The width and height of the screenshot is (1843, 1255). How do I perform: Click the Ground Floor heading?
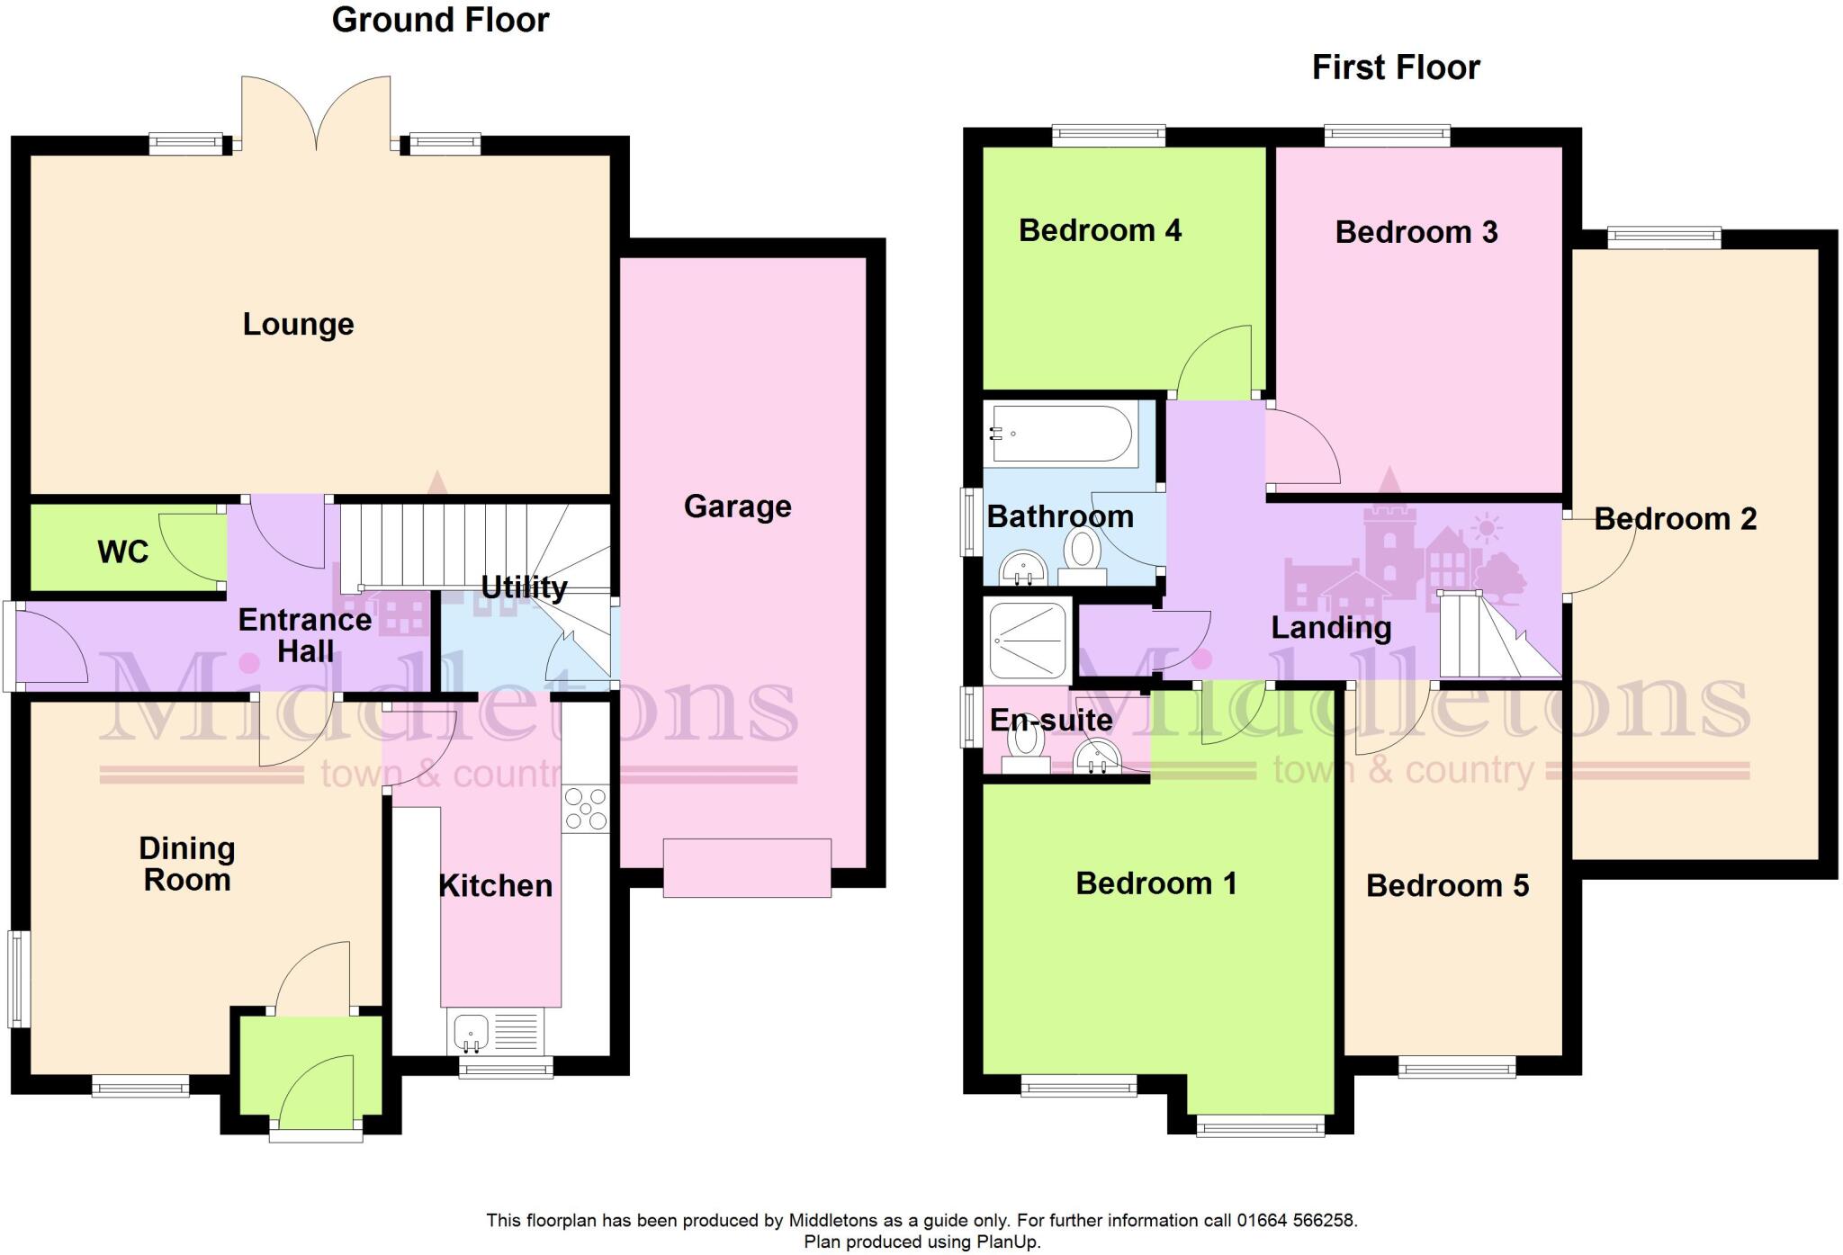[x=440, y=21]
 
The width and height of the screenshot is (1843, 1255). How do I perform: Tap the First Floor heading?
[x=1396, y=67]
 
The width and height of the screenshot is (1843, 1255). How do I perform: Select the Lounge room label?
[x=298, y=325]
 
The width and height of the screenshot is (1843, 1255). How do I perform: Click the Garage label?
[x=737, y=506]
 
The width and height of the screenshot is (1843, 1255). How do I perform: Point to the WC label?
[x=122, y=551]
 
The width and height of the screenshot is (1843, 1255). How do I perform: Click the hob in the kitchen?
[x=586, y=809]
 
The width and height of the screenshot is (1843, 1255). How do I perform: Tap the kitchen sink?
[x=471, y=1031]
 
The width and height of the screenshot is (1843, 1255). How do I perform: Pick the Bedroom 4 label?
[x=1100, y=231]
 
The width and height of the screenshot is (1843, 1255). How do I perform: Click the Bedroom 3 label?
[x=1416, y=232]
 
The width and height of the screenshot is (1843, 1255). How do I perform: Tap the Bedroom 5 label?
[x=1447, y=886]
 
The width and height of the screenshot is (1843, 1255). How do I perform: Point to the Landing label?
[x=1331, y=628]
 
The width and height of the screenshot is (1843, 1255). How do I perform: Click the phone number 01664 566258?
[x=1295, y=1221]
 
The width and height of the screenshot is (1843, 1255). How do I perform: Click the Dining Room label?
[x=187, y=864]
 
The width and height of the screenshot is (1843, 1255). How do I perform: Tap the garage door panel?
[x=747, y=867]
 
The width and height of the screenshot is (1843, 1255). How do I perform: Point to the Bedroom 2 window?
[x=1664, y=238]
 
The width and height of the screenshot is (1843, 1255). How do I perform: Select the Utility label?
[x=524, y=587]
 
